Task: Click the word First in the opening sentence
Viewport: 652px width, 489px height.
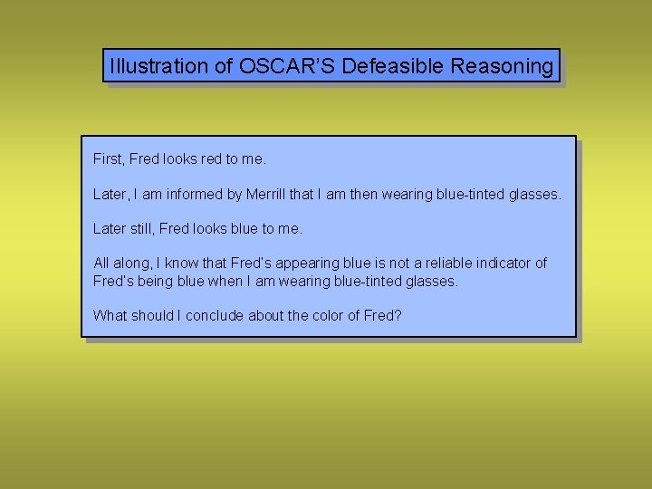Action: tap(107, 159)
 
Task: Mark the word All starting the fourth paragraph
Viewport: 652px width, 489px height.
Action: tap(101, 264)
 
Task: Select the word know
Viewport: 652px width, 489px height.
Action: tap(181, 264)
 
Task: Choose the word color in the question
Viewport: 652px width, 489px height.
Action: tap(327, 316)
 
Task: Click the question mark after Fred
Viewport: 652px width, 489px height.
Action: tap(398, 316)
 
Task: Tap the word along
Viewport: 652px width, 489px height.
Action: tap(133, 264)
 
